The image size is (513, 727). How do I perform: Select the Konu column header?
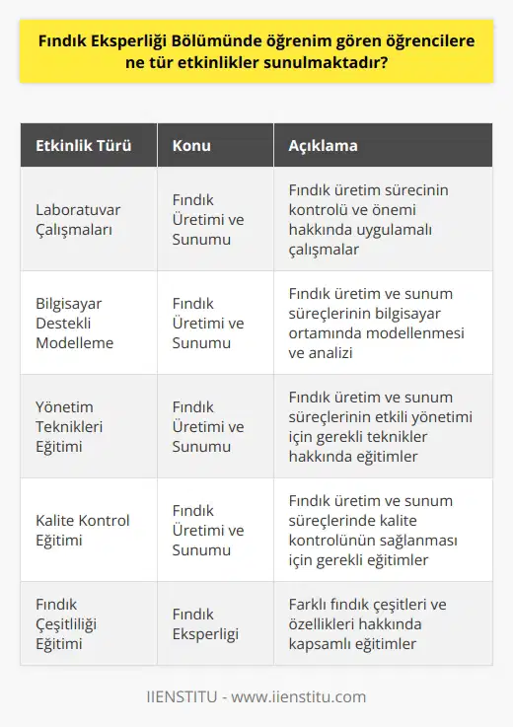tap(191, 146)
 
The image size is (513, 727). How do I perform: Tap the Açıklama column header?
tap(323, 146)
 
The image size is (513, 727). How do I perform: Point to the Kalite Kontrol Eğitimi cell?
tap(83, 530)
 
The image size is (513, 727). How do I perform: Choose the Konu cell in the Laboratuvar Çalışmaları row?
tap(208, 219)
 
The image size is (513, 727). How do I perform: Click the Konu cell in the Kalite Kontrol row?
tap(208, 530)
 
